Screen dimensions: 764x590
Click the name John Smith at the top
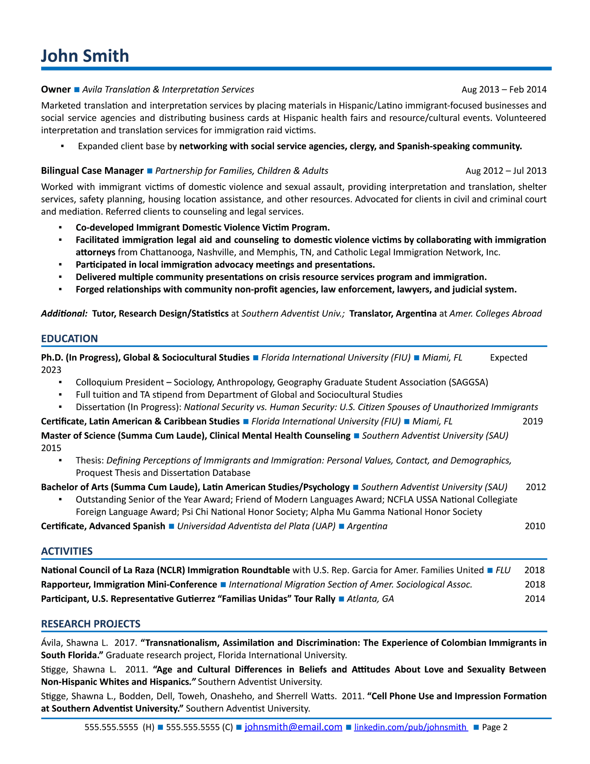point(85,56)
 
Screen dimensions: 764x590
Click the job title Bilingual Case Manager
point(92,171)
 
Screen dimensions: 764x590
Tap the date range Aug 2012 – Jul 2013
point(506,171)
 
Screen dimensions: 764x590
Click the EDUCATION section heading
point(69,339)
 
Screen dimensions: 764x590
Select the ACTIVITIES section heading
point(67,551)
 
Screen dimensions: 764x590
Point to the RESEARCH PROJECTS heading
point(91,624)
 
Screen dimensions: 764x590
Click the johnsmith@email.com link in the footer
point(293,727)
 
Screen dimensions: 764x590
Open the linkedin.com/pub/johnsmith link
point(411,727)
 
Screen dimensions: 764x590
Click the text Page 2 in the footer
point(495,727)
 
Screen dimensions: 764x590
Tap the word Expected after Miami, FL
point(508,358)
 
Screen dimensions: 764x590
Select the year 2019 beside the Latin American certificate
point(532,421)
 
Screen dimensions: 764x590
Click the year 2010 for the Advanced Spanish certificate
point(535,526)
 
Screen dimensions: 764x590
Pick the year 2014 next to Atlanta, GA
point(535,599)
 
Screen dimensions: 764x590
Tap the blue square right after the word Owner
point(77,90)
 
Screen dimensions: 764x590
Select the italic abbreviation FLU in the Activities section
point(503,570)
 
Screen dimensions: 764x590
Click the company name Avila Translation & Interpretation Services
point(168,90)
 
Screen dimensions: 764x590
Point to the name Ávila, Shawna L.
point(75,643)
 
